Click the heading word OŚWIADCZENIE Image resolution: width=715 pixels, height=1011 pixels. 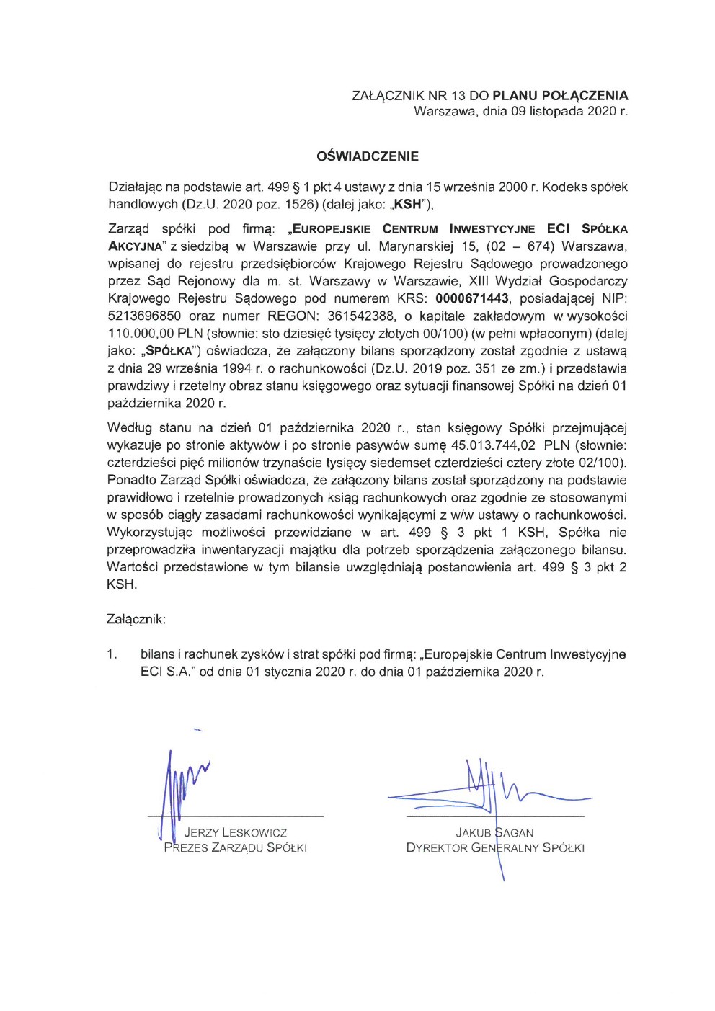click(x=368, y=156)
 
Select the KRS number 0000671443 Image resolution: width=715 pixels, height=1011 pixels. click(x=472, y=298)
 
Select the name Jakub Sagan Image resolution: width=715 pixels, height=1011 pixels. click(x=494, y=833)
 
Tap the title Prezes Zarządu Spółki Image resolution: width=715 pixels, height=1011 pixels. click(x=235, y=848)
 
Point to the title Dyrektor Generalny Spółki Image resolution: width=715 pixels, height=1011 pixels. click(x=494, y=848)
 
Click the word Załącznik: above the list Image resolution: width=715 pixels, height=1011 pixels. click(x=136, y=619)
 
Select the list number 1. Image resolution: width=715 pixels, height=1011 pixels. click(x=112, y=654)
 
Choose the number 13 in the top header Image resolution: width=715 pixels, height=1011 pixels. click(x=459, y=95)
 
